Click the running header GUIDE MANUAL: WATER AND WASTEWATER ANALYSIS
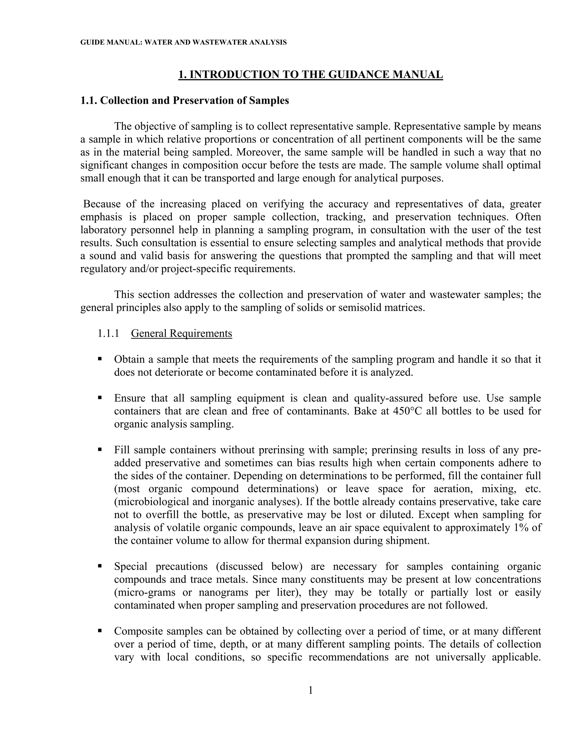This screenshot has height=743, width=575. tap(183, 43)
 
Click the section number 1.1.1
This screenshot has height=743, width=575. tap(108, 333)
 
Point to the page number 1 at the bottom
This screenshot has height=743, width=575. tap(310, 690)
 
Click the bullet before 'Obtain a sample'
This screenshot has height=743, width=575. tap(100, 359)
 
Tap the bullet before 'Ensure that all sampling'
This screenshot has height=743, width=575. tap(100, 397)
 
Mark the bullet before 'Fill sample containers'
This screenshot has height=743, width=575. tap(100, 449)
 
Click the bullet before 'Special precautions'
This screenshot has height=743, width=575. tap(100, 566)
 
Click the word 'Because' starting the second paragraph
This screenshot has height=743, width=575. tap(102, 204)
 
